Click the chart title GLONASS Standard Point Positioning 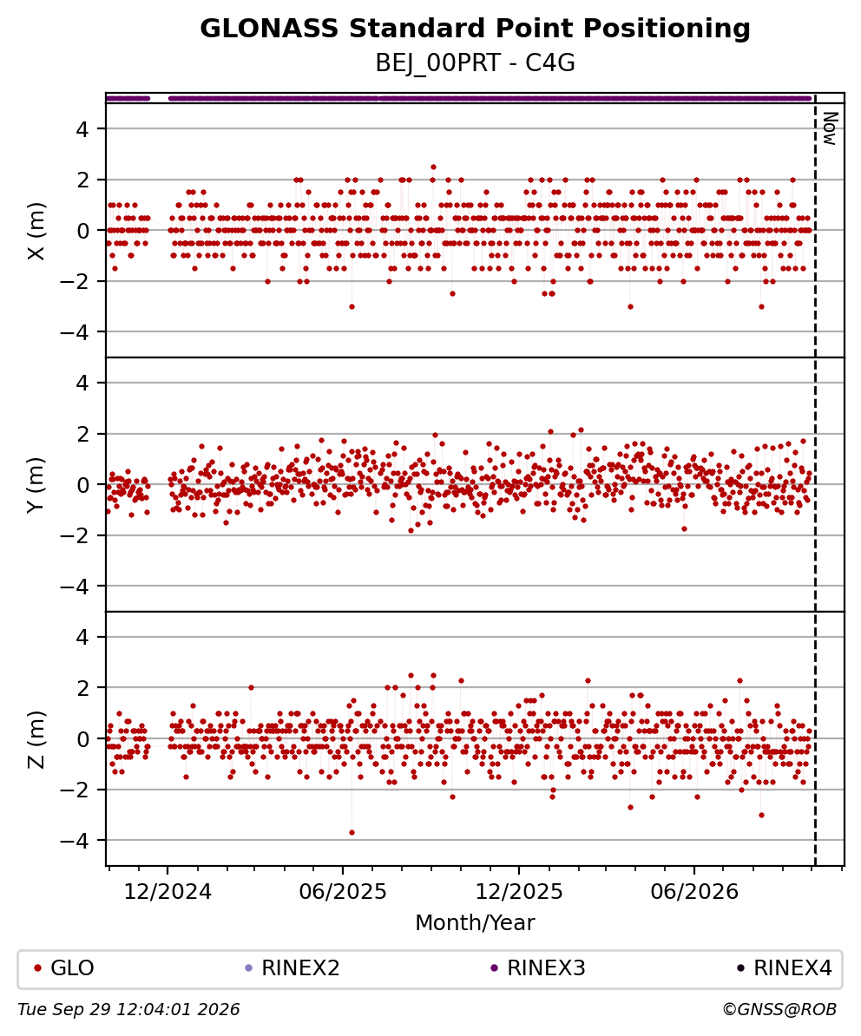475,29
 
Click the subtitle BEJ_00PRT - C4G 475,62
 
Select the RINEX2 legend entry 292,968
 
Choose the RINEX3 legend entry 538,968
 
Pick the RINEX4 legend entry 785,968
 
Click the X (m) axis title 36,231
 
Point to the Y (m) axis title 36,484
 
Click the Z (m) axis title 36,738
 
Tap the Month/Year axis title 475,922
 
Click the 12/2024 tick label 168,892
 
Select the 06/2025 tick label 343,892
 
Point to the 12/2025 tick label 519,892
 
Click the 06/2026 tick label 694,892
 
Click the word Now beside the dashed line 830,128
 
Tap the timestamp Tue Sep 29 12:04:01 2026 128,1010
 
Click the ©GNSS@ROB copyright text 779,1010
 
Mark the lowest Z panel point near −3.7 352,832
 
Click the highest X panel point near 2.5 433,167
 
